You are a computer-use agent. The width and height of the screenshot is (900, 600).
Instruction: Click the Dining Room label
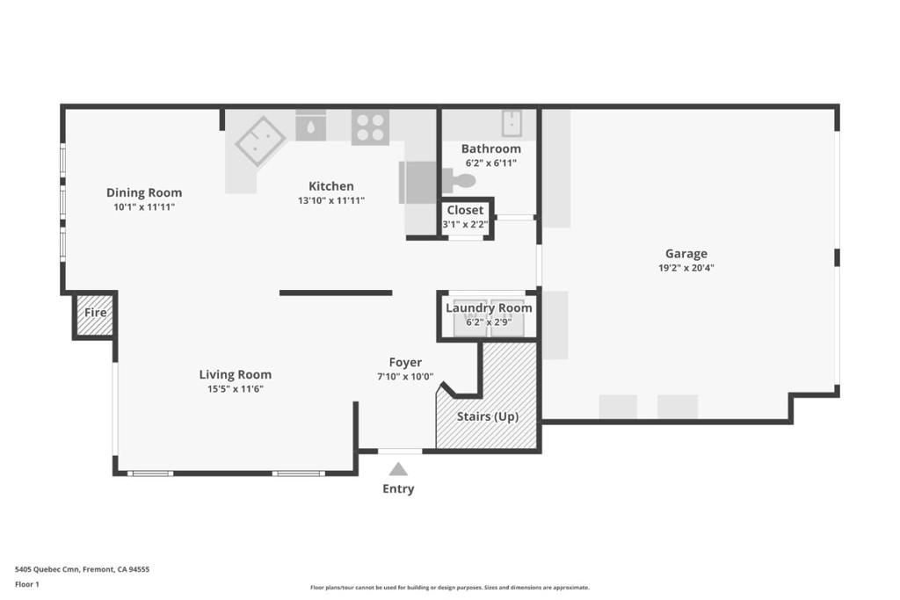click(144, 192)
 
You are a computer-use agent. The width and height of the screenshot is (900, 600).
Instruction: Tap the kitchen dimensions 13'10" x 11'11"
click(331, 200)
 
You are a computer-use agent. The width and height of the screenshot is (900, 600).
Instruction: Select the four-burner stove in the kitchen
click(370, 127)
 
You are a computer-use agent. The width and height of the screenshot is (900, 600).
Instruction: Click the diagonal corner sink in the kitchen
click(260, 141)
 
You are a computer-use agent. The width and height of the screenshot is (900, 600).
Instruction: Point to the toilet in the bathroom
click(461, 182)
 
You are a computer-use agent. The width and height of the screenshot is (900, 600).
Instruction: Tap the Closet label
click(465, 210)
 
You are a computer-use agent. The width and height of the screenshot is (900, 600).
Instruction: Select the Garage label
click(686, 254)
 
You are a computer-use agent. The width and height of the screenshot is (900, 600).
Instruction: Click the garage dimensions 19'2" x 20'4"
click(686, 268)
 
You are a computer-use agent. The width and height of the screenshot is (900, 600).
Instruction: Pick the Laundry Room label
click(489, 307)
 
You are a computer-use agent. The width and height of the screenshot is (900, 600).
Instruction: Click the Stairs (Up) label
click(488, 416)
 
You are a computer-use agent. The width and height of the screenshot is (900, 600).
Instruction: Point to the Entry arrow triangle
click(398, 469)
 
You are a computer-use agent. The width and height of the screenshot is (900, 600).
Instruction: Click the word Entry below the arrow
click(398, 489)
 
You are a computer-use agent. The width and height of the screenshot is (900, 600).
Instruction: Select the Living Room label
click(235, 374)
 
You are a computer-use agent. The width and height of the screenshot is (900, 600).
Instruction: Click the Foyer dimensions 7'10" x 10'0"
click(405, 377)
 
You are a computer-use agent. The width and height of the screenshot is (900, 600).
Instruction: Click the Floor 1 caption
click(28, 584)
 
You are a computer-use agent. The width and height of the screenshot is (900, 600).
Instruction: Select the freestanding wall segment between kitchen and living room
click(336, 293)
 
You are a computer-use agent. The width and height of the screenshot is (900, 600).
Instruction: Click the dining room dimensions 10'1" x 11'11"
click(144, 207)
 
